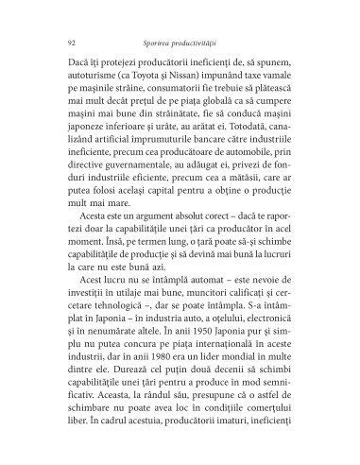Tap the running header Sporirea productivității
tap(185, 43)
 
